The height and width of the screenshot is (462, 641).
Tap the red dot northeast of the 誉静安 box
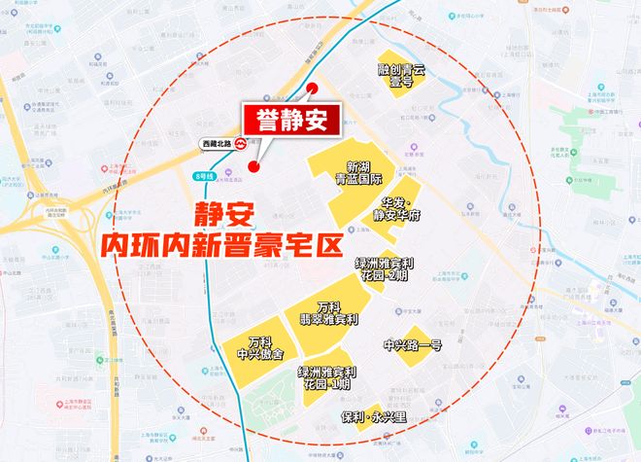[x=313, y=89]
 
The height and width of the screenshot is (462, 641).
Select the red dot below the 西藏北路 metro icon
[x=253, y=167]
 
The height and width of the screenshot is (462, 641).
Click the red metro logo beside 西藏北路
[x=241, y=143]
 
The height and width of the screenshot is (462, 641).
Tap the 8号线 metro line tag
[x=202, y=175]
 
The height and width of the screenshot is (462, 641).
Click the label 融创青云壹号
[x=402, y=76]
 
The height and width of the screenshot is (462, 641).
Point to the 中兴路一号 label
[x=412, y=344]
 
